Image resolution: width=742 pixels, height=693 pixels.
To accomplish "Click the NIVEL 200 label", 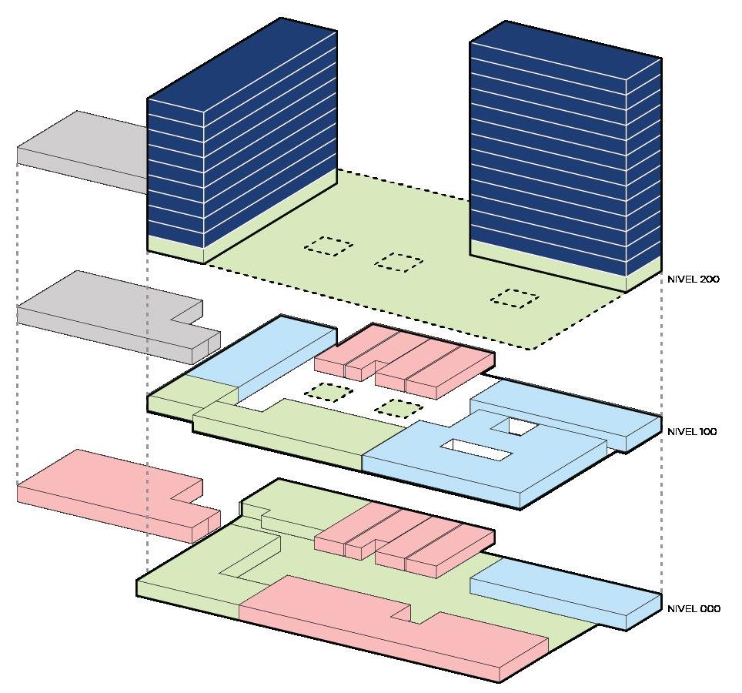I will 693,280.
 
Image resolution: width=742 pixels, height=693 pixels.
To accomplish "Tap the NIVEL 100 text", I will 692,432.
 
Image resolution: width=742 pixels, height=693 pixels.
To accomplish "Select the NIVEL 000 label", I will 694,609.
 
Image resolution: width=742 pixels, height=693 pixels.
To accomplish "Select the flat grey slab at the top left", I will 81,146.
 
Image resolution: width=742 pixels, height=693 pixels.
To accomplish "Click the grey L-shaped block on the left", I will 108,312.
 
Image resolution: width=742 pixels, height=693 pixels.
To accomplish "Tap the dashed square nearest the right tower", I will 514,298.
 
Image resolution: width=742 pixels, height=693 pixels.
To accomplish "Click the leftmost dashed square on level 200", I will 329,246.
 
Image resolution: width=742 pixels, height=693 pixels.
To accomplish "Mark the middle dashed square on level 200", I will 399,262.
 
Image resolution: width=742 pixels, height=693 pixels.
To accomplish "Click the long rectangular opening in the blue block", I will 475,450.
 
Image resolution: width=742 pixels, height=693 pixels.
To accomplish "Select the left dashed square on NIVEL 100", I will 329,393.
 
